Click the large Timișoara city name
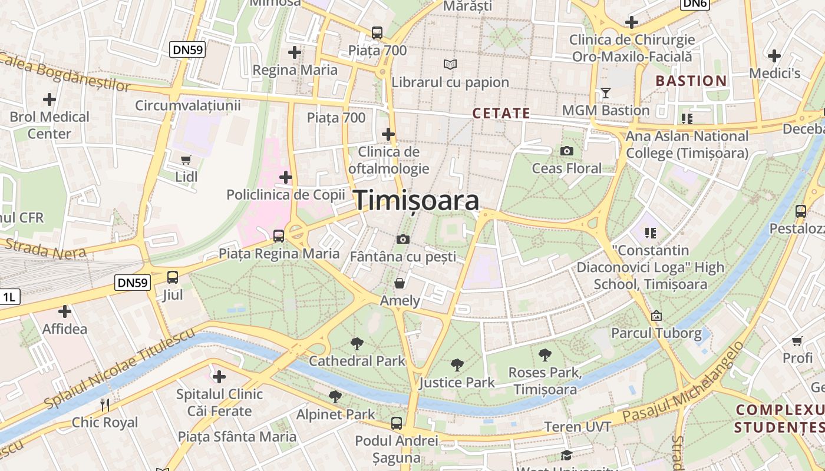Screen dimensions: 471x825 pos(416,201)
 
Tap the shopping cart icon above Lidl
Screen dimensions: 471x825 pos(186,160)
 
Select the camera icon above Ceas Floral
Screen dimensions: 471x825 pos(567,151)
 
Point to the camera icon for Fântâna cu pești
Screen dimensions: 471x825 pos(403,239)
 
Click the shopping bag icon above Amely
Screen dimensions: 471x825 pos(400,284)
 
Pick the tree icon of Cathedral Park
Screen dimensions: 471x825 pos(357,343)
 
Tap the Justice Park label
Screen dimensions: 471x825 pos(457,383)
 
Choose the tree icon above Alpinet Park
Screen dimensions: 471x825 pos(335,397)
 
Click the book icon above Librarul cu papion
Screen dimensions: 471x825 pos(450,64)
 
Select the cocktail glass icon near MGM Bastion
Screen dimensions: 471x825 pos(605,93)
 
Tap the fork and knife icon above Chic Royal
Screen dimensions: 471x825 pos(105,405)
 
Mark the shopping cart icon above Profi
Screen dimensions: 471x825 pos(797,341)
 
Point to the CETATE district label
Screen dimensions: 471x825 pos(501,114)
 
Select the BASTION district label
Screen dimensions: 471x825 pos(691,81)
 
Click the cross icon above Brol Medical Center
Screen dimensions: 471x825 pos(49,99)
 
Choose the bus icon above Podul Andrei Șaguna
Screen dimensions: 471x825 pos(397,423)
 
